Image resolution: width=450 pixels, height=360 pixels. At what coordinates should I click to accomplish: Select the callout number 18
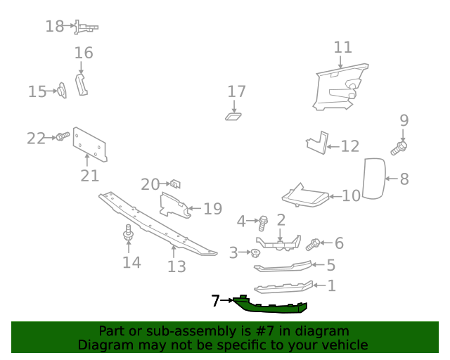pos(55,27)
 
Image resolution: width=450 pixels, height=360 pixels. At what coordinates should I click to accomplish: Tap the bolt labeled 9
pos(400,148)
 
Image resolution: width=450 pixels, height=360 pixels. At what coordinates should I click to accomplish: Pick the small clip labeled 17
pos(233,115)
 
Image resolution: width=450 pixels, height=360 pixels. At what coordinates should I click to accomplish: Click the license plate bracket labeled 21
pos(90,146)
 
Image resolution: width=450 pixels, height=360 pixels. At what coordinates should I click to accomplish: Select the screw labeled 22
pos(63,136)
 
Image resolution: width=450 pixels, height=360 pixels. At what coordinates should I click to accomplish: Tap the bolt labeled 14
pos(128,233)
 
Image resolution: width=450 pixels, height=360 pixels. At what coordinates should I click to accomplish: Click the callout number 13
pos(176,266)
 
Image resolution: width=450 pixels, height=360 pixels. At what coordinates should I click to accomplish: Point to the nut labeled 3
pos(257,252)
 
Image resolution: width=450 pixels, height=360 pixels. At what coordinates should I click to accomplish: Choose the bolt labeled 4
pos(263,223)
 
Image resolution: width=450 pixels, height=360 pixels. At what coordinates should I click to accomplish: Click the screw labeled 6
pos(314,244)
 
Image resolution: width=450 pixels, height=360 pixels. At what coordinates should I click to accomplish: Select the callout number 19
pos(212,209)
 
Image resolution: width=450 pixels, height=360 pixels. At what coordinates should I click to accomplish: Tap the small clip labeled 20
pos(176,184)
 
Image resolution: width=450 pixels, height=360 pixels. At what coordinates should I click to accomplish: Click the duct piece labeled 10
pos(307,195)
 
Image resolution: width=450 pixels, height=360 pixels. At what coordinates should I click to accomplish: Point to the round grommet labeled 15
pos(61,90)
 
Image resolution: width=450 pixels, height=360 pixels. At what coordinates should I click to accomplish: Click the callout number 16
pos(84,53)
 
